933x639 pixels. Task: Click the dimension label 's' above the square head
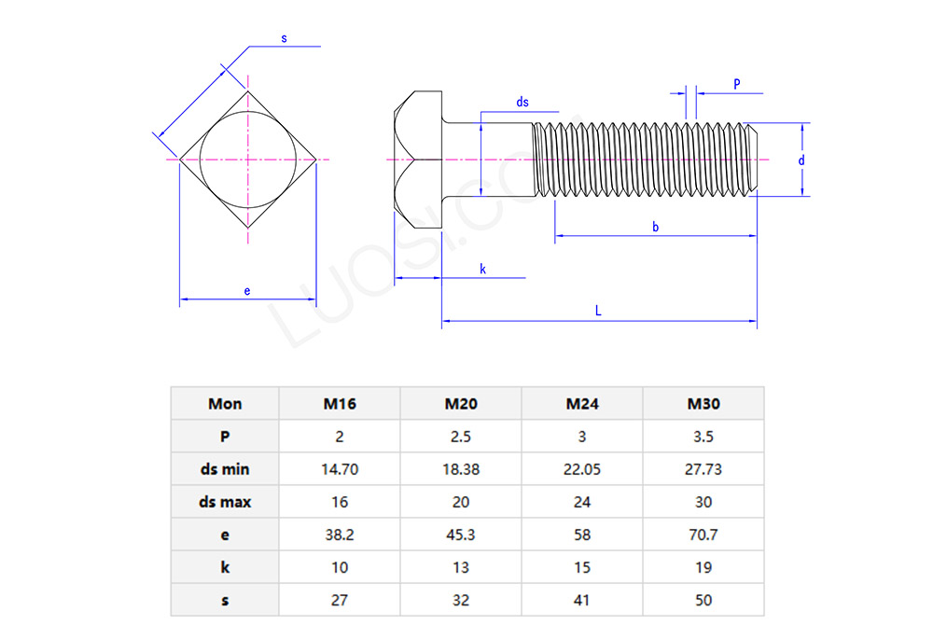(284, 38)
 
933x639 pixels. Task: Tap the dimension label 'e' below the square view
(247, 292)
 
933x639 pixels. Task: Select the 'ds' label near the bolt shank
(522, 103)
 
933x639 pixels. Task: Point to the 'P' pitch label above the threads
(736, 84)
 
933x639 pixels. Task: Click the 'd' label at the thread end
(801, 160)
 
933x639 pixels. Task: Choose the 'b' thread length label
(656, 228)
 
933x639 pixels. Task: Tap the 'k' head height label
(482, 269)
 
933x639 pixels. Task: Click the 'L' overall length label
(598, 312)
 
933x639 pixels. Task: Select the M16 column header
(340, 404)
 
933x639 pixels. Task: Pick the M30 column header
(703, 404)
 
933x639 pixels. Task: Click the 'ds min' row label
(225, 469)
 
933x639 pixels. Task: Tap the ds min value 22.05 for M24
(582, 469)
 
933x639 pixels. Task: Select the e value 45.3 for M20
(461, 535)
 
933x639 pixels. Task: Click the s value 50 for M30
(703, 600)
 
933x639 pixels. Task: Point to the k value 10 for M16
(340, 567)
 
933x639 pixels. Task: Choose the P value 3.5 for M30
(703, 437)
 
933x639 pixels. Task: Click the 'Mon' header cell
(225, 404)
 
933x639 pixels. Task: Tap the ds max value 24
(582, 502)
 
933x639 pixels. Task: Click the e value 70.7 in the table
(703, 535)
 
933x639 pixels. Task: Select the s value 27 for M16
(340, 600)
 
